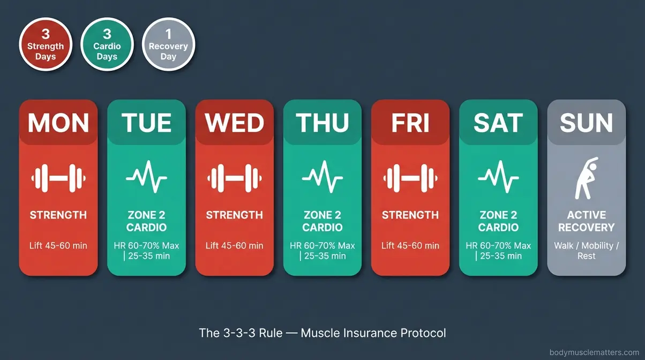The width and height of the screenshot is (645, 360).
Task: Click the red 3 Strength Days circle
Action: point(46,44)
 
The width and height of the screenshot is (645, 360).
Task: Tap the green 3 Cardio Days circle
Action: point(107,44)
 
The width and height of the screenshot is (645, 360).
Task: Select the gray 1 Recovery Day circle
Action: point(168,44)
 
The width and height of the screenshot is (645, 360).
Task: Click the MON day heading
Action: point(58,123)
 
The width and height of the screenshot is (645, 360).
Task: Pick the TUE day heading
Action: point(146,123)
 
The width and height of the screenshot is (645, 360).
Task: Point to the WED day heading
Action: point(235,123)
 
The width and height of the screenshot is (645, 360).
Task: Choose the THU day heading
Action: point(322,123)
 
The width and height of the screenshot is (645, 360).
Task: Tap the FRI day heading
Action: point(410,123)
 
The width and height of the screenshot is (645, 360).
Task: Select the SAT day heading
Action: point(498,123)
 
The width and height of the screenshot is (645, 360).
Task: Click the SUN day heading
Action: point(586,123)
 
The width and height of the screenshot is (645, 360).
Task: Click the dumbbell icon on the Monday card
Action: point(58,178)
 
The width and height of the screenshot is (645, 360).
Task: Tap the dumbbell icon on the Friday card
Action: point(410,178)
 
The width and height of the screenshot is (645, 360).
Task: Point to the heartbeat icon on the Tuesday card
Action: point(146,178)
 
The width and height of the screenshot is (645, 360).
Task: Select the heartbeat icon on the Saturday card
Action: point(498,178)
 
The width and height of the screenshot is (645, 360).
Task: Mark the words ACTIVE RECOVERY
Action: point(586,221)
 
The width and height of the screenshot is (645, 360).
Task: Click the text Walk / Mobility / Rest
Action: point(586,251)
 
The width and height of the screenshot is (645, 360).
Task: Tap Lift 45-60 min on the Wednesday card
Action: point(235,246)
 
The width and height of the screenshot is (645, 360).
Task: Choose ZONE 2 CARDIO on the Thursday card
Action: point(322,221)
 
